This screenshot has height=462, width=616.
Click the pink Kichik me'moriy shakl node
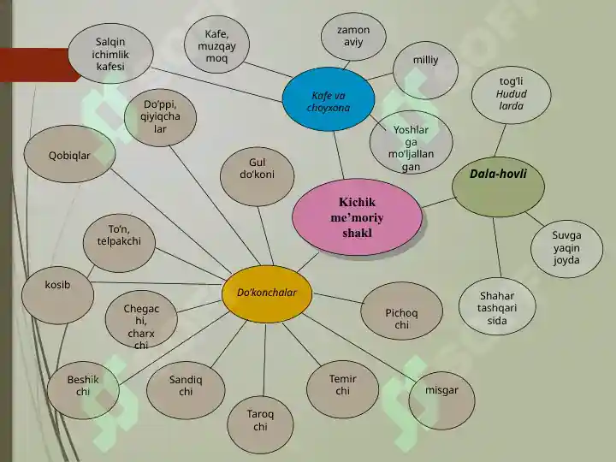(357, 216)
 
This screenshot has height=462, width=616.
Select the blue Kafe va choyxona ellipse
(329, 99)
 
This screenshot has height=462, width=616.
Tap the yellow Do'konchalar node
(267, 293)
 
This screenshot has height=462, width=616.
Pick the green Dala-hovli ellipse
(498, 187)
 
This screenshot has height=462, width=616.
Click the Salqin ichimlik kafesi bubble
(110, 53)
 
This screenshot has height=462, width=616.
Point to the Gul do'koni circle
(257, 176)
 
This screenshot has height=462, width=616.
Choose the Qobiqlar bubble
(69, 154)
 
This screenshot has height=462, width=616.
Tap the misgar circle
(441, 400)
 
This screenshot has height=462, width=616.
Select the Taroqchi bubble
(260, 424)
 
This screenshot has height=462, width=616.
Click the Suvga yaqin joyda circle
(566, 249)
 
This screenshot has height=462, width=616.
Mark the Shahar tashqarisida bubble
(497, 306)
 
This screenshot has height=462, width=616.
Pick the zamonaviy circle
(353, 37)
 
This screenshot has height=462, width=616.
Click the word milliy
(425, 60)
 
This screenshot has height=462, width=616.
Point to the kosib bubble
(58, 294)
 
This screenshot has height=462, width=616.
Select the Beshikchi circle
(83, 390)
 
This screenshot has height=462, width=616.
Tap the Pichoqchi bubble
(401, 311)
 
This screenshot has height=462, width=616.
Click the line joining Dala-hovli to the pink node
(438, 202)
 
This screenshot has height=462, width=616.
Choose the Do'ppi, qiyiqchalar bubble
(160, 117)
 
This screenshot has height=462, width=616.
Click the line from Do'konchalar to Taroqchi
(264, 359)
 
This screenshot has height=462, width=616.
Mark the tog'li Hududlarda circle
(511, 95)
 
